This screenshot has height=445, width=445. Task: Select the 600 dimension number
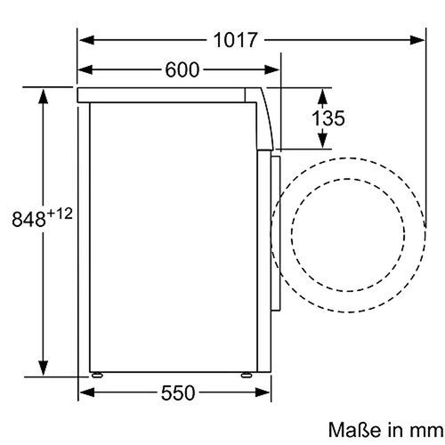(182, 69)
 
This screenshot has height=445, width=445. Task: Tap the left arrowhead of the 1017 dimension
(85, 40)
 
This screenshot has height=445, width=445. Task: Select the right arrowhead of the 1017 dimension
(419, 40)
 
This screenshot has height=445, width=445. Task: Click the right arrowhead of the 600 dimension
(275, 69)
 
